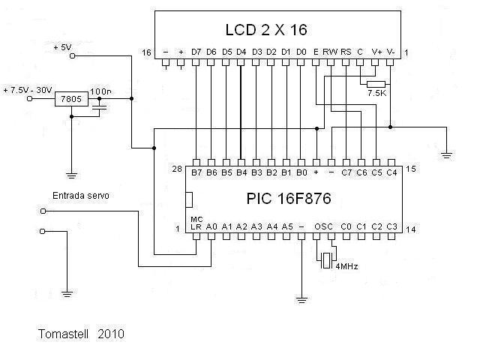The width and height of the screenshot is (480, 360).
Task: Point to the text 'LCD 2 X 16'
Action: click(266, 30)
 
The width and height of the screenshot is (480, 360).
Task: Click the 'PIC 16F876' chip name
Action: click(289, 199)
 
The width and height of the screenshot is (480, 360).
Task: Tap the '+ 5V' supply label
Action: click(62, 46)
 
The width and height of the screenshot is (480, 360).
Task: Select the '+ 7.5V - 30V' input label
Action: click(28, 89)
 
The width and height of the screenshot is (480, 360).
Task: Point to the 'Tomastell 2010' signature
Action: click(81, 331)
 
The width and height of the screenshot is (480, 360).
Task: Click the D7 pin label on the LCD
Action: click(196, 52)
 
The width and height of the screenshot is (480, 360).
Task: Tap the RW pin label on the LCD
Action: click(330, 52)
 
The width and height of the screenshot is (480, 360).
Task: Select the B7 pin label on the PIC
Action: click(196, 172)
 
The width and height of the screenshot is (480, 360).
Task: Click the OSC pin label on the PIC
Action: click(323, 226)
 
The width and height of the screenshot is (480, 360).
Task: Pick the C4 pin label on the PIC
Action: click(391, 172)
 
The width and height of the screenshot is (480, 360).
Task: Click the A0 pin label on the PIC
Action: click(211, 226)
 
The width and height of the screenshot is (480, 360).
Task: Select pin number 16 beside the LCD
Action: click(146, 52)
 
